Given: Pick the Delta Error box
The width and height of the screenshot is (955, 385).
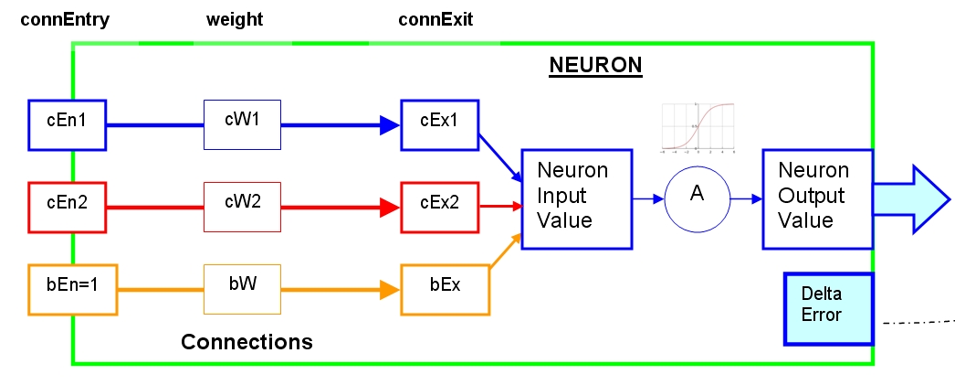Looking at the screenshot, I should pos(827,308).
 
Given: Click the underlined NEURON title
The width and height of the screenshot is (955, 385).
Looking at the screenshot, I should pos(595,66).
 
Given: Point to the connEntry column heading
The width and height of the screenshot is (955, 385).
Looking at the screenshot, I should pos(65,19).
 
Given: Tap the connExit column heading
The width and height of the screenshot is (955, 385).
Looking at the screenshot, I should pos(436,19).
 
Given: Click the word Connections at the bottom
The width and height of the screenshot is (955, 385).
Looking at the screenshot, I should pos(247,342).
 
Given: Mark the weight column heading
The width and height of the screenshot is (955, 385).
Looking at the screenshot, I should pos(236,19).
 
